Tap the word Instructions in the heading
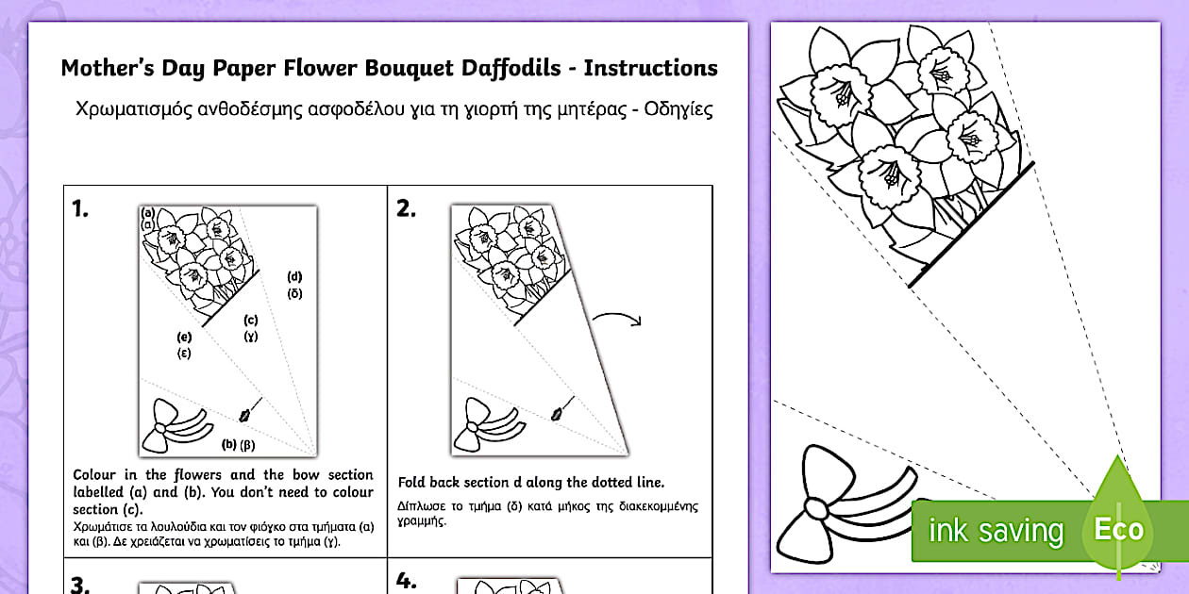[x=651, y=69]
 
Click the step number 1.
[x=80, y=209]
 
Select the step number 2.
[x=406, y=209]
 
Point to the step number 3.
[x=80, y=585]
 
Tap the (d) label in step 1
[x=295, y=276]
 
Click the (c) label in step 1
[x=250, y=320]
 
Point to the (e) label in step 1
[x=184, y=337]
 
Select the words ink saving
[x=996, y=531]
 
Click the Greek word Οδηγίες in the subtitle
[x=671, y=109]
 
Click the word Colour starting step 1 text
[x=95, y=475]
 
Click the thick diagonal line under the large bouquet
[x=971, y=224]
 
